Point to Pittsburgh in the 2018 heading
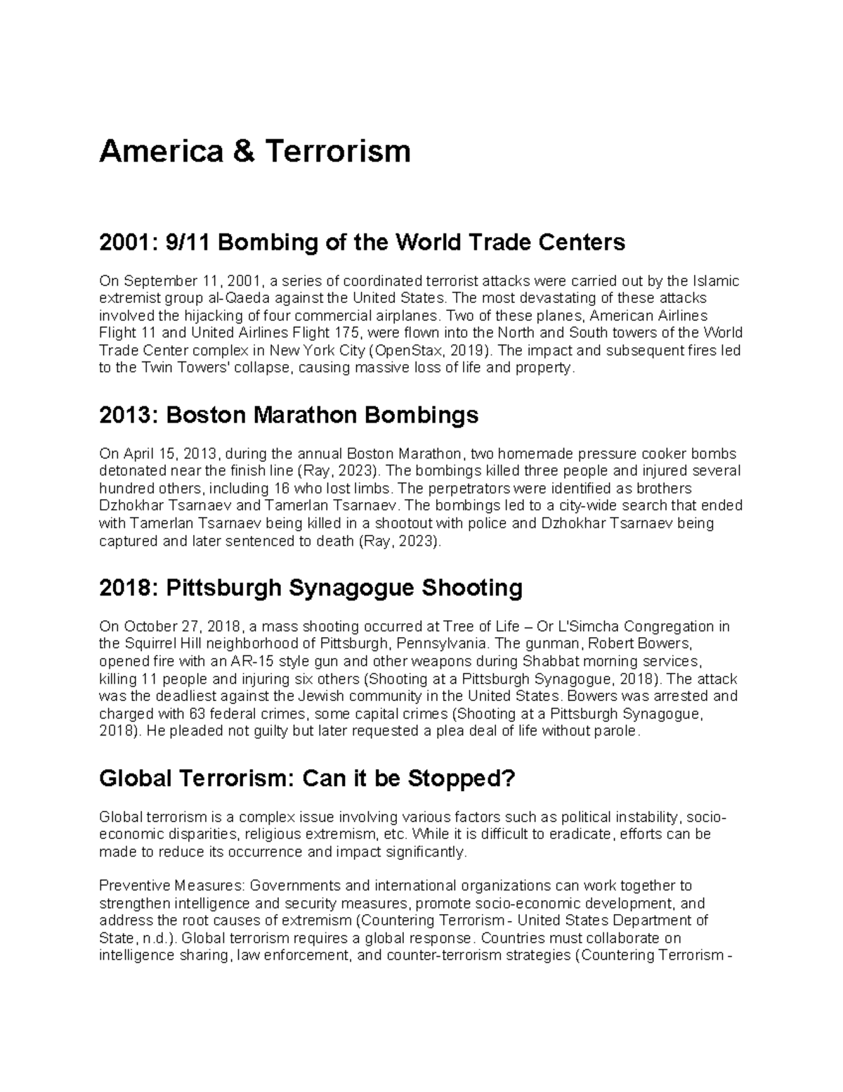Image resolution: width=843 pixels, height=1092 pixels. (x=223, y=587)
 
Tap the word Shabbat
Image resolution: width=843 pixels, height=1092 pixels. (x=546, y=661)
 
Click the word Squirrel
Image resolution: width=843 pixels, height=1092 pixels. (x=150, y=643)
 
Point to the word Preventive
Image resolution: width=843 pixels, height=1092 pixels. (x=131, y=885)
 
